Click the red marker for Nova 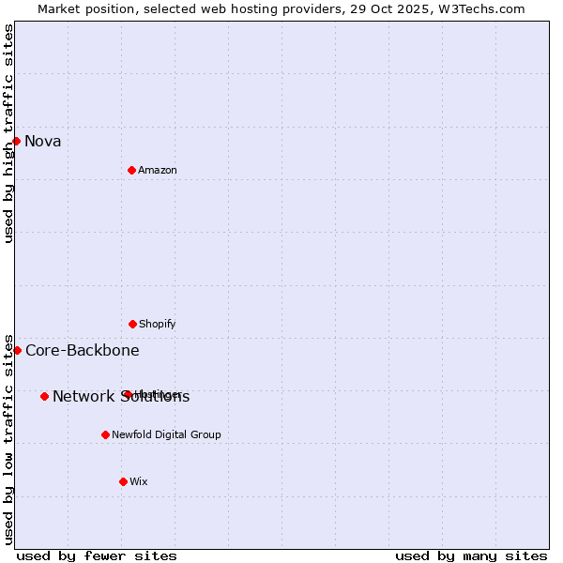click(x=17, y=141)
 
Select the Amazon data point click(x=131, y=170)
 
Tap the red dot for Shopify click(x=132, y=324)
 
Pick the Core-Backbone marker click(x=17, y=350)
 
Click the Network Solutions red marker click(x=44, y=396)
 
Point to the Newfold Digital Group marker click(x=105, y=434)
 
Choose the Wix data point click(x=123, y=481)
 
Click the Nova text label click(x=43, y=142)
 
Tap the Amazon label click(x=158, y=171)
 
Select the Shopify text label click(x=158, y=325)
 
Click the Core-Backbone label click(x=83, y=351)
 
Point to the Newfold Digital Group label click(x=166, y=435)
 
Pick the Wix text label click(x=139, y=482)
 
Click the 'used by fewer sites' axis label click(x=97, y=556)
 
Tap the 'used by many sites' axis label click(x=471, y=556)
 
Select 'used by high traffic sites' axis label click(x=8, y=133)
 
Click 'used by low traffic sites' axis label click(x=8, y=438)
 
